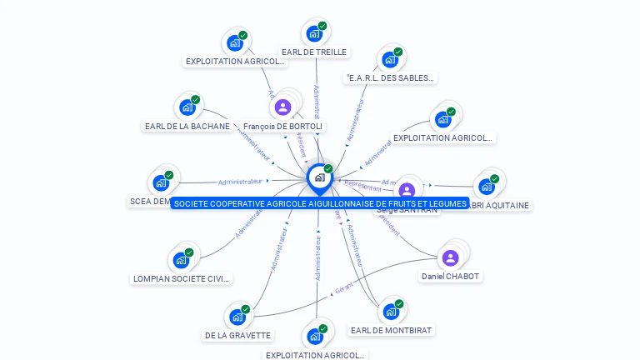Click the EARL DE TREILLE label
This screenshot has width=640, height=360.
pyautogui.click(x=314, y=52)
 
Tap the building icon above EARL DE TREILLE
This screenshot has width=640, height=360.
pyautogui.click(x=314, y=33)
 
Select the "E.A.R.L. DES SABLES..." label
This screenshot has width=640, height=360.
pyautogui.click(x=390, y=78)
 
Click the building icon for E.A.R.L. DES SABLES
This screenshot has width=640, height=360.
pyautogui.click(x=389, y=60)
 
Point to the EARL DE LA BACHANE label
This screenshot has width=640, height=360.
pyautogui.click(x=187, y=126)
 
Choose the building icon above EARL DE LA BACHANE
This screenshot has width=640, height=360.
pyautogui.click(x=187, y=107)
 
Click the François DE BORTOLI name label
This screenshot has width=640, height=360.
pyautogui.click(x=283, y=126)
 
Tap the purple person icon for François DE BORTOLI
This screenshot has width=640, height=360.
pyautogui.click(x=283, y=107)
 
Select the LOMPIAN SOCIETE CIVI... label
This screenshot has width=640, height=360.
pyautogui.click(x=182, y=278)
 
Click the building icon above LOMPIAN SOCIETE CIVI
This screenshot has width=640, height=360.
pyautogui.click(x=181, y=260)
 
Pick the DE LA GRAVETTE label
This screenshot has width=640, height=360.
pyautogui.click(x=237, y=335)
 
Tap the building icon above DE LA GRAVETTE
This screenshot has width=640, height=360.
pyautogui.click(x=237, y=317)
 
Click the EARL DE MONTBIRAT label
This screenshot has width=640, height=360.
pyautogui.click(x=391, y=330)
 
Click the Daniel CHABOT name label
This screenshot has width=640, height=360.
pyautogui.click(x=451, y=276)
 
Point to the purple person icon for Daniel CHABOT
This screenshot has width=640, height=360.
pyautogui.click(x=451, y=257)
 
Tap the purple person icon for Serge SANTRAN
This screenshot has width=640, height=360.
pyautogui.click(x=407, y=191)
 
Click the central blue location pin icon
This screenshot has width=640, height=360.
pyautogui.click(x=319, y=177)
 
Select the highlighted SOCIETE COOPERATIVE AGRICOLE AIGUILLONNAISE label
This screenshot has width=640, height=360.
pyautogui.click(x=320, y=203)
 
